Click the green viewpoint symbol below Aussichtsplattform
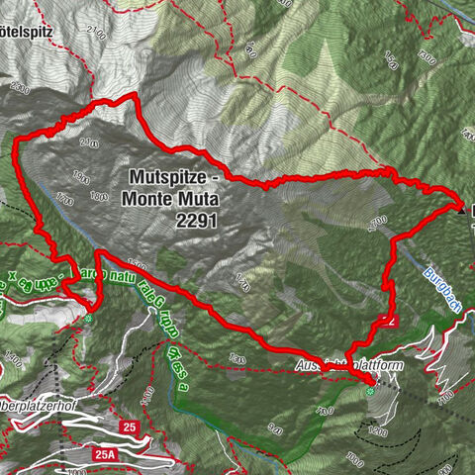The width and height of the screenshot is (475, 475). [371, 392]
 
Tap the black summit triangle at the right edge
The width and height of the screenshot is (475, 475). [462, 209]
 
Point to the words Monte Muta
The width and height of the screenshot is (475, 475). [169, 200]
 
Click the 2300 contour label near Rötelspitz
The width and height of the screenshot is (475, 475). [19, 87]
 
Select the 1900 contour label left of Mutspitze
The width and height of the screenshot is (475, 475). [81, 181]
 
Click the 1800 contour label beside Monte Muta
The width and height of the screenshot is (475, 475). [99, 196]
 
